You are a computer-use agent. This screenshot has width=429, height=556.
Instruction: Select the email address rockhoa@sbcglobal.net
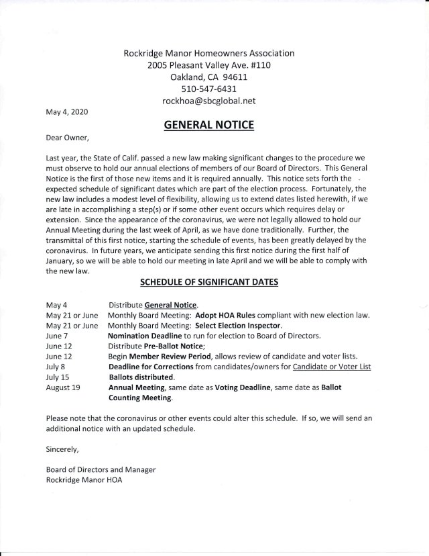(x=214, y=100)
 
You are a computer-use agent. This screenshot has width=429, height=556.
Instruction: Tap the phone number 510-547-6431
(x=214, y=88)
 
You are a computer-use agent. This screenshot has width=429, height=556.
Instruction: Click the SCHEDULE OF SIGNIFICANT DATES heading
(x=214, y=283)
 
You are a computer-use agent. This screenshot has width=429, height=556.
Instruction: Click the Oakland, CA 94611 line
(x=214, y=77)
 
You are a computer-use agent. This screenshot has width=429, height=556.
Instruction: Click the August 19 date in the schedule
(x=64, y=387)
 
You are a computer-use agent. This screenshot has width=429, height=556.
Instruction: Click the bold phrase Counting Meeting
(x=139, y=398)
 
